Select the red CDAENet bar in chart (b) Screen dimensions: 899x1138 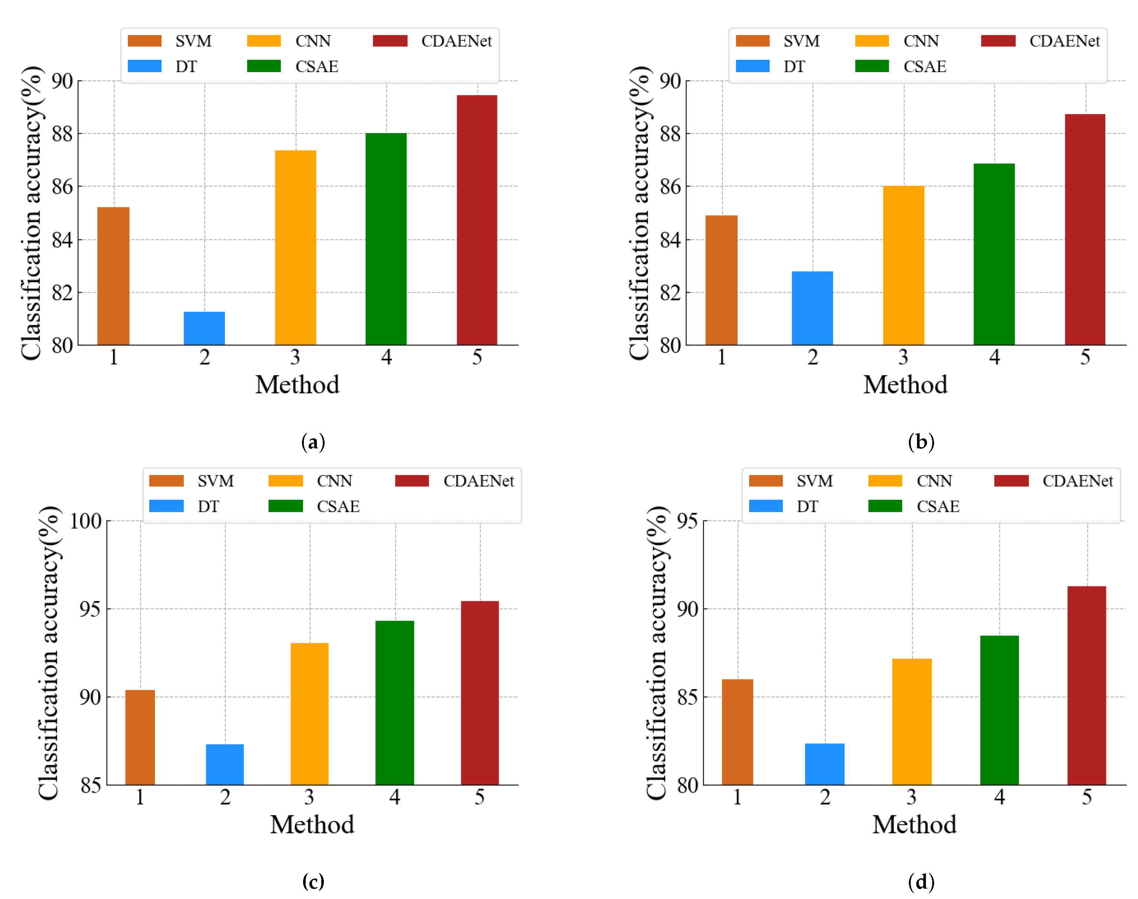pos(1085,229)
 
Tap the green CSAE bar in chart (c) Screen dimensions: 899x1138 pos(394,702)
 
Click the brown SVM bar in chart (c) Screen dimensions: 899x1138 pos(140,737)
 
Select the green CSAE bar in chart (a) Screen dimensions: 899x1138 pos(386,239)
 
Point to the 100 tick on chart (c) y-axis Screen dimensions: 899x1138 pos(86,521)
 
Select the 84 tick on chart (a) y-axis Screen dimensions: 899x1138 pos(62,240)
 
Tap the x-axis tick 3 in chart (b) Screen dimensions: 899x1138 pos(903,357)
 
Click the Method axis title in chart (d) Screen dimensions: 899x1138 pos(914,824)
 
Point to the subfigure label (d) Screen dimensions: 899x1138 pos(921,881)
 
